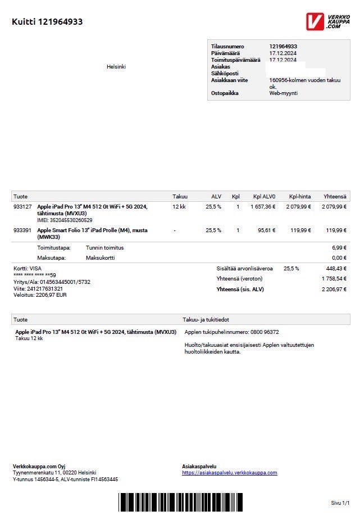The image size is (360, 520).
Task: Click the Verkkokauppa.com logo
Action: click(x=327, y=21)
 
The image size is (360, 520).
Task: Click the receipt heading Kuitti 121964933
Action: click(x=47, y=22)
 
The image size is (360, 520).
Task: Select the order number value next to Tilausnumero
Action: click(x=283, y=46)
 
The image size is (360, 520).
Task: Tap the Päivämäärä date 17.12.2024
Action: click(x=282, y=53)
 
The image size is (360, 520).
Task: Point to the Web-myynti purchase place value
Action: click(x=282, y=93)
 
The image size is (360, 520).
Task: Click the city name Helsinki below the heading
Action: click(x=116, y=67)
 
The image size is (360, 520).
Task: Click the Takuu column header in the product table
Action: click(x=180, y=197)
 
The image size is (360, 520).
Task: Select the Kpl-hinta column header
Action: click(x=300, y=197)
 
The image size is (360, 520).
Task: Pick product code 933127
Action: click(x=22, y=207)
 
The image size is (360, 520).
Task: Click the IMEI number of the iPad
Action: click(x=65, y=220)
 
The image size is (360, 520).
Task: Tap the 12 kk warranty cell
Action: click(x=179, y=207)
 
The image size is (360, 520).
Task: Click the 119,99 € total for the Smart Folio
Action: click(x=336, y=230)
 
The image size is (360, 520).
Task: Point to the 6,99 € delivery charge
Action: click(x=339, y=248)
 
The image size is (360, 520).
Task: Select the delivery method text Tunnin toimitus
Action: click(x=104, y=248)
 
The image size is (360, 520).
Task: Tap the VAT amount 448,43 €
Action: click(x=337, y=269)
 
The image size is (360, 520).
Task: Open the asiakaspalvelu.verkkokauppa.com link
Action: click(x=229, y=473)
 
